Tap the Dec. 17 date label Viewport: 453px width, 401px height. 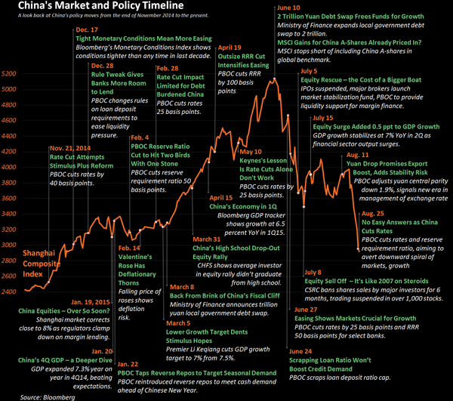point(88,29)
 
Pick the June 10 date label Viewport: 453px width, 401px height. point(290,7)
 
